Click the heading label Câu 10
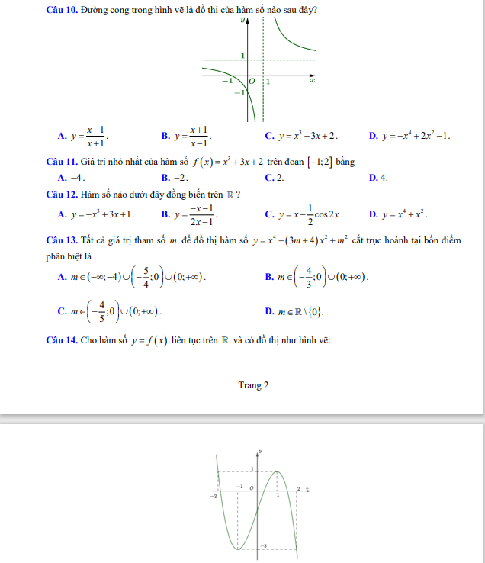coord(61,10)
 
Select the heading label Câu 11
coord(61,162)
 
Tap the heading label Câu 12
coord(61,195)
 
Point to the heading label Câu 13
coord(61,241)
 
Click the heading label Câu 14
coord(61,340)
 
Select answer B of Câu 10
coord(186,137)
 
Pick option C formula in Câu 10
coord(300,137)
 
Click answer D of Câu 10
coord(409,137)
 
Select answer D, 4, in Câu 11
coord(378,178)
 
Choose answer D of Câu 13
coord(294,312)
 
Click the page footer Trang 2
coord(253,385)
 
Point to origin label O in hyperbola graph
coord(252,80)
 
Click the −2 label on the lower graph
coord(214,496)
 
